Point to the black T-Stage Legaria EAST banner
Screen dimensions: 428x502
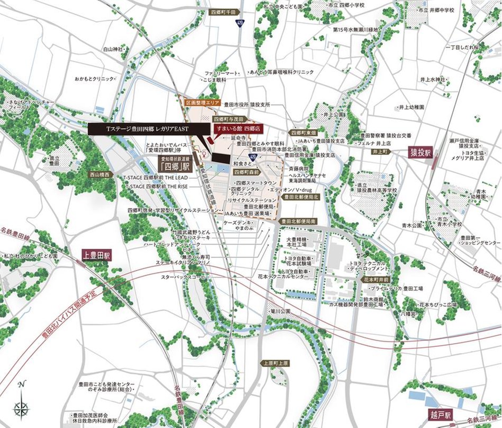144,129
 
